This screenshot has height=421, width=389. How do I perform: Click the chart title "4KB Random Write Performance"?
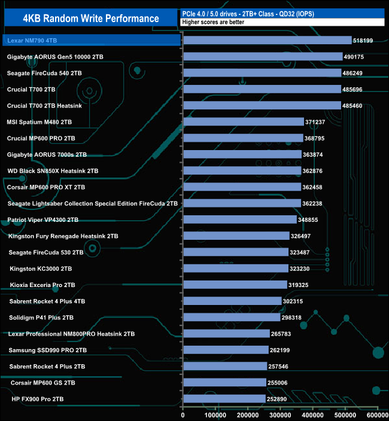91,19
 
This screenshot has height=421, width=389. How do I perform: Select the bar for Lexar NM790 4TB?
267,41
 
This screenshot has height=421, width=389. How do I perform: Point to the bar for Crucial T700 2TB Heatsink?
262,105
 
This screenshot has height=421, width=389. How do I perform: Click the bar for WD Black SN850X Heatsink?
242,170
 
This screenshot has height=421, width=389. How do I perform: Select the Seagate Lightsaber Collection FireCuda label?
93,203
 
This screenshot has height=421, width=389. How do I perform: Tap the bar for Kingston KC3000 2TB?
236,269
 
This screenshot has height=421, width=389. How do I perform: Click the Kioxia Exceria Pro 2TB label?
42,285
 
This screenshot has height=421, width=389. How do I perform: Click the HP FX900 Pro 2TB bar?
224,398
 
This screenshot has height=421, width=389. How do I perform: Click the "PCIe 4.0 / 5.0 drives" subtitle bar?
281,13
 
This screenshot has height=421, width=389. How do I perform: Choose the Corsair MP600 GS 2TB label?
43,382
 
